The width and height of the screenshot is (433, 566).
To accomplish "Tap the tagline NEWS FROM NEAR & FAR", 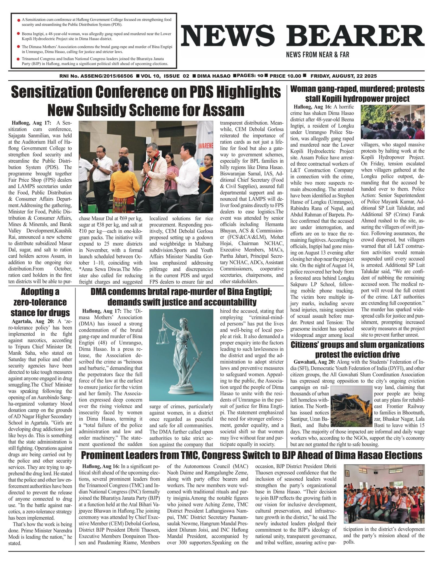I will coord(317,55).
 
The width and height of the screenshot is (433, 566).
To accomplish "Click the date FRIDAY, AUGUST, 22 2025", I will coord(343,76).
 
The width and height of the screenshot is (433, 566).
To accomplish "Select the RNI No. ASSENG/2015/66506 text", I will coord(96,76).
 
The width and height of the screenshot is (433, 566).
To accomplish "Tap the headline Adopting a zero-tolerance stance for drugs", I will coord(40,302).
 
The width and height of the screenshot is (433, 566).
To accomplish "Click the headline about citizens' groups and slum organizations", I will coord(357,350).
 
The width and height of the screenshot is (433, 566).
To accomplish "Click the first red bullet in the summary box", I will coord(18,20).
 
